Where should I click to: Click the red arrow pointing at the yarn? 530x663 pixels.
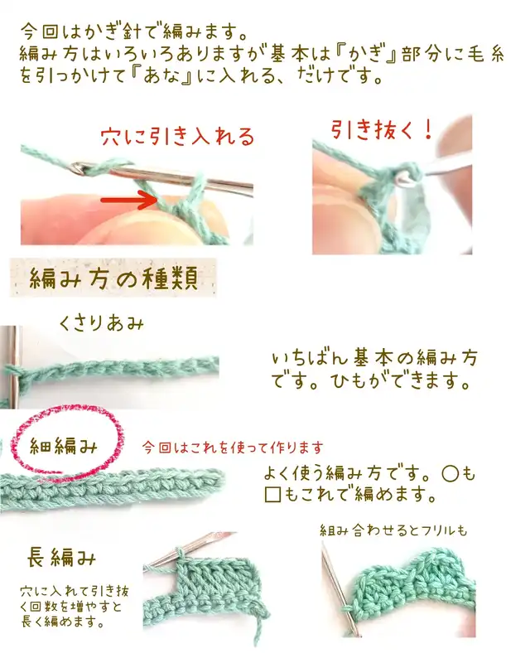pos(129,200)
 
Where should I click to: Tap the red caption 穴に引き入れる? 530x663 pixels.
pos(178,137)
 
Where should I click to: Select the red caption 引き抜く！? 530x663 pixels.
pos(382,129)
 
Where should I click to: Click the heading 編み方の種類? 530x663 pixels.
pos(113,278)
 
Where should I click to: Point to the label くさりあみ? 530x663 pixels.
pos(101,324)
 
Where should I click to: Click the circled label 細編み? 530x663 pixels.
pos(64,446)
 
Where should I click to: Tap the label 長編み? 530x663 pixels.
pos(62,557)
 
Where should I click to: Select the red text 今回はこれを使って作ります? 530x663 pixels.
pos(233,448)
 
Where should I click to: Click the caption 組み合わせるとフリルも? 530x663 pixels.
pos(393,530)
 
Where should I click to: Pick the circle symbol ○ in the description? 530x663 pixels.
pos(450,474)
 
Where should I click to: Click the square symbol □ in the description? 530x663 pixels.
pos(273,495)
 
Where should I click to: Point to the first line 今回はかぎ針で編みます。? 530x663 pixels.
pos(134,31)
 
